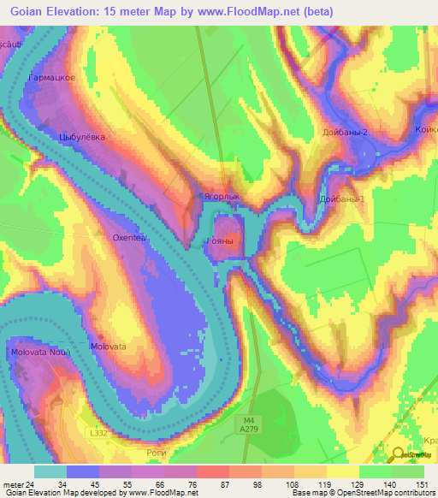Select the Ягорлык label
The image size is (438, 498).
(x=221, y=195)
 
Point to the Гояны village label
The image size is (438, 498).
(x=220, y=242)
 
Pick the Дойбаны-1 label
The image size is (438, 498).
(x=342, y=199)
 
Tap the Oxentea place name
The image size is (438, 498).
(x=131, y=238)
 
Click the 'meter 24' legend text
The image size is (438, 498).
(x=18, y=484)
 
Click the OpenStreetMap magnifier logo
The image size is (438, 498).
(x=399, y=454)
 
